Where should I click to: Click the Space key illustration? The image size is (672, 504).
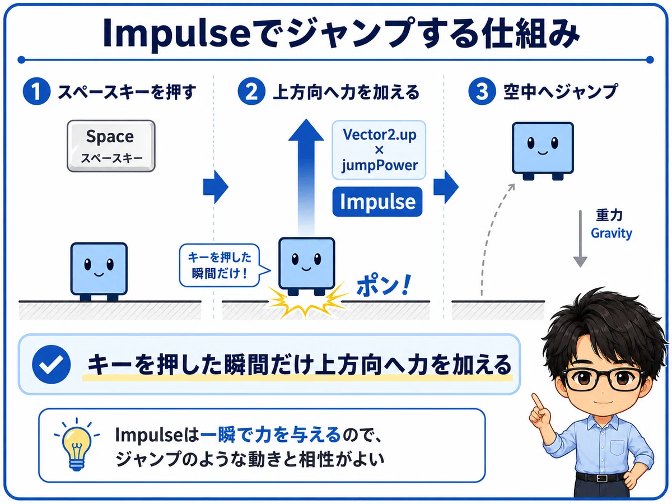[111, 146]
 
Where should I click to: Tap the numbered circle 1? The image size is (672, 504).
[36, 91]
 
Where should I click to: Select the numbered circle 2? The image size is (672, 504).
[251, 91]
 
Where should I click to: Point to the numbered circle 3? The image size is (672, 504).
[482, 91]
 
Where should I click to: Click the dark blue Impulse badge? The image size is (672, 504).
[377, 202]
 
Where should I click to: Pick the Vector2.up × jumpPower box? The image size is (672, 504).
[379, 150]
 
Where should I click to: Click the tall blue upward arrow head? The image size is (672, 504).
[306, 130]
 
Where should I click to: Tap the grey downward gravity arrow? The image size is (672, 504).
[580, 239]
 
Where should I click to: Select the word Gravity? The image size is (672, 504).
[612, 234]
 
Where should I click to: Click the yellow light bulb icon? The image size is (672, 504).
[77, 444]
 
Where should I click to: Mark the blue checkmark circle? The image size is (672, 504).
[52, 364]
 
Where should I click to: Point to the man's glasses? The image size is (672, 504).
[603, 380]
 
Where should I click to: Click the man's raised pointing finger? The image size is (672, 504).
[536, 401]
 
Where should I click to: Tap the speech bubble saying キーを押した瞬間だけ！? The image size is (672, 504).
[221, 265]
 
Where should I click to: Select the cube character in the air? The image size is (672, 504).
[543, 151]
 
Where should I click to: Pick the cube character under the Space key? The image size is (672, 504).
[99, 272]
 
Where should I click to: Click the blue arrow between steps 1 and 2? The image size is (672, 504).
[216, 186]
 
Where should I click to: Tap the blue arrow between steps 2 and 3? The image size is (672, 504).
[446, 186]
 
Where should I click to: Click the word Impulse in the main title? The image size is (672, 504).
[176, 34]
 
